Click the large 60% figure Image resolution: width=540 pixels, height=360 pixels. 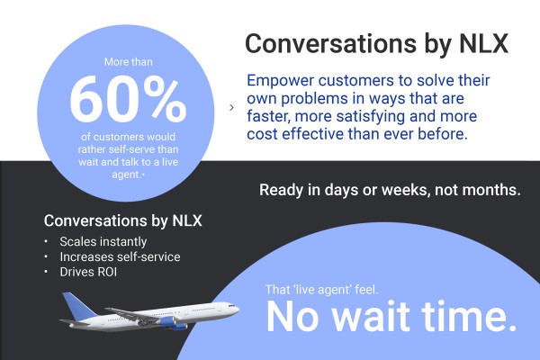pos(128,99)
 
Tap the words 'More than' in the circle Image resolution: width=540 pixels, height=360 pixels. pos(129,62)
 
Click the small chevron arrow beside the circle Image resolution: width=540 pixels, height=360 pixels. pos(232,107)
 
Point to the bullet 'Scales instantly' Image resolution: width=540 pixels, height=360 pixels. pos(103,241)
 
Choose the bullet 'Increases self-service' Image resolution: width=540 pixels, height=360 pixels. pos(120,256)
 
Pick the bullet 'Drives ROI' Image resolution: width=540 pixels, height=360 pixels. pos(88,272)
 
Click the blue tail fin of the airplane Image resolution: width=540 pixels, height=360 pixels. pos(78,306)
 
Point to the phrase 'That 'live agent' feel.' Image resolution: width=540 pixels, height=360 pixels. pos(321,290)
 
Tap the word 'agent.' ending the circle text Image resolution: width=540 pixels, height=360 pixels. pos(127,175)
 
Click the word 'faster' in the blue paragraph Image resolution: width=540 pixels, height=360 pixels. pos(269,116)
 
